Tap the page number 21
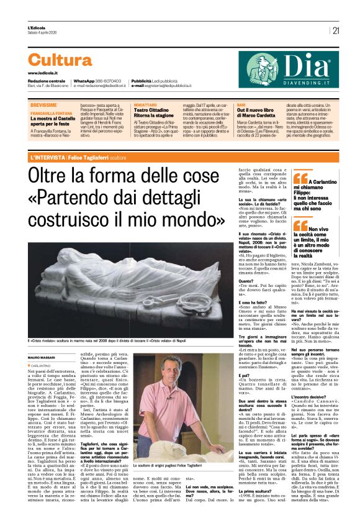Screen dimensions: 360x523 coord(336,30)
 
